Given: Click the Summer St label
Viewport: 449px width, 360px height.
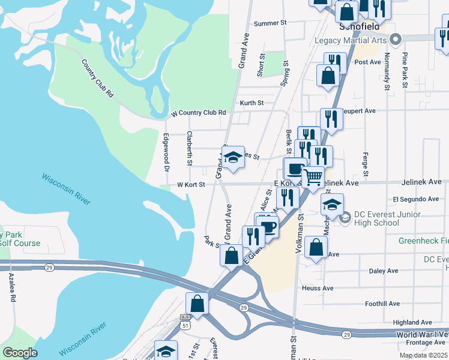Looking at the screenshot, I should point(267,23).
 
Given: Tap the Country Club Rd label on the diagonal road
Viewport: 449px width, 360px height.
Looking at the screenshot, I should point(97,78).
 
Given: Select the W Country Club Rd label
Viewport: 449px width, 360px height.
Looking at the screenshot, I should point(198,113).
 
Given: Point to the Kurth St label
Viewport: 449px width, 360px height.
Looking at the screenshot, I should point(252,103).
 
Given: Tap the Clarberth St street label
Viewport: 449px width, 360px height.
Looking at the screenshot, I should point(190,148).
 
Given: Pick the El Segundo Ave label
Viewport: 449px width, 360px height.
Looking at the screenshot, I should point(415,199).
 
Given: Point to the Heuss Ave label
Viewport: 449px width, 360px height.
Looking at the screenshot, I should point(318,288).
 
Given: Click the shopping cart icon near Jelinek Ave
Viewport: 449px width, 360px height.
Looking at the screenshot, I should point(313,177).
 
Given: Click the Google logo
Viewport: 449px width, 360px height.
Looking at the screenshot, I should point(20,353).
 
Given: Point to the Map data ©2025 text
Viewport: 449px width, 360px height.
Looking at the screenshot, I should point(424,355).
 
